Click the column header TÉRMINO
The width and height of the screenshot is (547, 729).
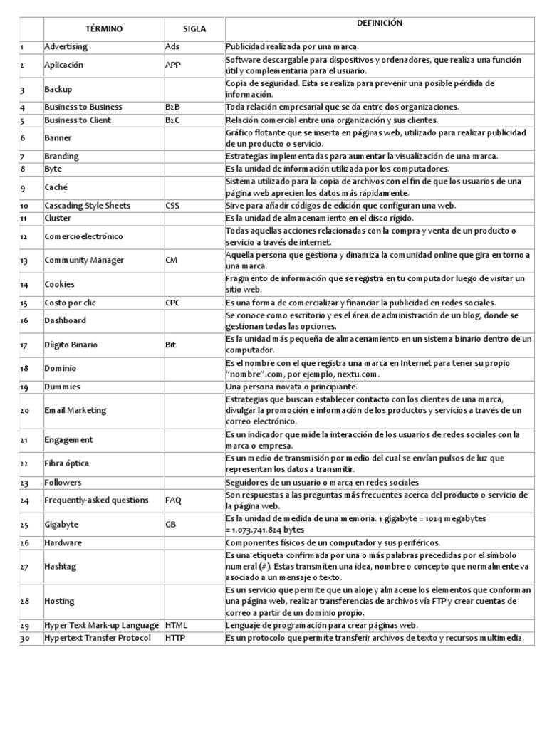104,28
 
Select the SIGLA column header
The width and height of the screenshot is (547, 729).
194,28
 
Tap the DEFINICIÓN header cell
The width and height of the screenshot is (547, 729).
385,23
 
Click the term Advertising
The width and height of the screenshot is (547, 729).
66,46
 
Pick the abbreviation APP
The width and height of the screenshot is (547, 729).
173,65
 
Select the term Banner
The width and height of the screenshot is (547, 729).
58,138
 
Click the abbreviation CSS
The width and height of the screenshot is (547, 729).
172,206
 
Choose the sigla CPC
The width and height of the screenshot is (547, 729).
173,303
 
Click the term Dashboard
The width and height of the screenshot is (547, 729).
65,320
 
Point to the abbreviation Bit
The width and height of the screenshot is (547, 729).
170,345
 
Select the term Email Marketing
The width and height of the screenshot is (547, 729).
75,410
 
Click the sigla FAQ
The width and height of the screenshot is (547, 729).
173,500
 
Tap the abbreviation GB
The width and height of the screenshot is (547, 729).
172,524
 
